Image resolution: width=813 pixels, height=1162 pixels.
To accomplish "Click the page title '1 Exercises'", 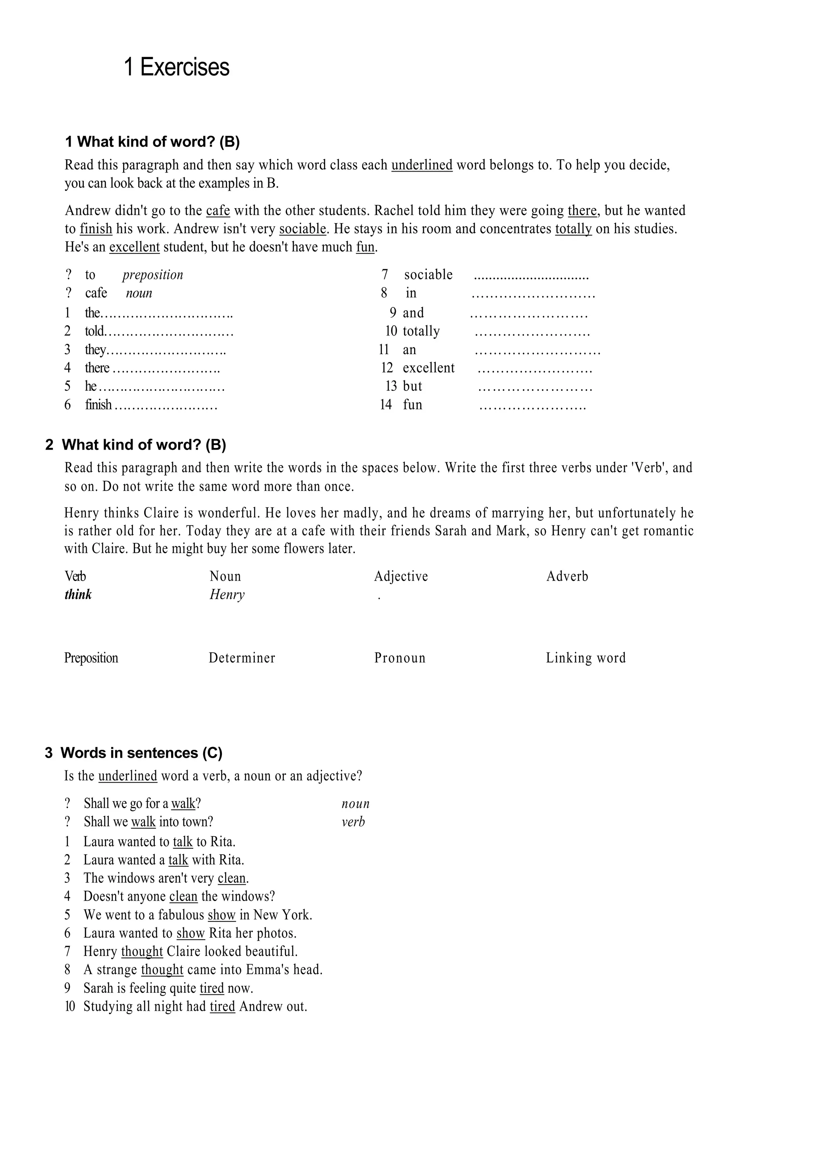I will pyautogui.click(x=177, y=67).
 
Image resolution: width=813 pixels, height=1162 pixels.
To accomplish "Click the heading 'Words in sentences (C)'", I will pyautogui.click(x=141, y=753).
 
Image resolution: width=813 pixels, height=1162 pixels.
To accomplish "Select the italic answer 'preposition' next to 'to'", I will pyautogui.click(x=152, y=275).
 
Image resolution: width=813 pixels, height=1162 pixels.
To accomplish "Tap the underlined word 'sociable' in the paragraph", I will pyautogui.click(x=302, y=229).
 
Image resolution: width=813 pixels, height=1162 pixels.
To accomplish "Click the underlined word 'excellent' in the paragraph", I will pyautogui.click(x=135, y=247).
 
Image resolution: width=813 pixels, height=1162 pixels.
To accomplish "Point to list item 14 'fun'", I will pyautogui.click(x=412, y=404).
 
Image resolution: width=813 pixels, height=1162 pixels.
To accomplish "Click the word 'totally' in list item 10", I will pyautogui.click(x=421, y=331).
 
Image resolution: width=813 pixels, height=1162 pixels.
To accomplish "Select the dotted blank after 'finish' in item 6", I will pyautogui.click(x=166, y=405).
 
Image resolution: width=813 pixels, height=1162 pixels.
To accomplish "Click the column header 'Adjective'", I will pyautogui.click(x=401, y=576).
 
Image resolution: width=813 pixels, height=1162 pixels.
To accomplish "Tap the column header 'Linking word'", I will pyautogui.click(x=586, y=658).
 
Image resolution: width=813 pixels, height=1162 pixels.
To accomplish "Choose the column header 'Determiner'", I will pyautogui.click(x=242, y=658).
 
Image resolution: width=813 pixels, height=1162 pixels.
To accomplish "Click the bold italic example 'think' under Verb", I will pyautogui.click(x=78, y=594).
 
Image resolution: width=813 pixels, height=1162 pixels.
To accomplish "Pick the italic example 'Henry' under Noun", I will pyautogui.click(x=227, y=594).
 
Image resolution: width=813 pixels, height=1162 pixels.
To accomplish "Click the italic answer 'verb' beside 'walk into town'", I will pyautogui.click(x=353, y=822).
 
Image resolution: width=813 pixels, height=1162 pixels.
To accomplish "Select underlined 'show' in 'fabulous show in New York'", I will pyautogui.click(x=222, y=915).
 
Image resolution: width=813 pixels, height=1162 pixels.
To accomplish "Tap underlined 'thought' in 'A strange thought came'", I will pyautogui.click(x=162, y=970).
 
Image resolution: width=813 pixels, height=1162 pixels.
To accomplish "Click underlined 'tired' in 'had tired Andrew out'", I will pyautogui.click(x=223, y=1006).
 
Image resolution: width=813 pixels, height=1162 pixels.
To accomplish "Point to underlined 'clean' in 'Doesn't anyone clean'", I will pyautogui.click(x=183, y=896).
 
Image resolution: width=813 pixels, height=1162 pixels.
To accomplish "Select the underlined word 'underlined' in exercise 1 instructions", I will pyautogui.click(x=422, y=165).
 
